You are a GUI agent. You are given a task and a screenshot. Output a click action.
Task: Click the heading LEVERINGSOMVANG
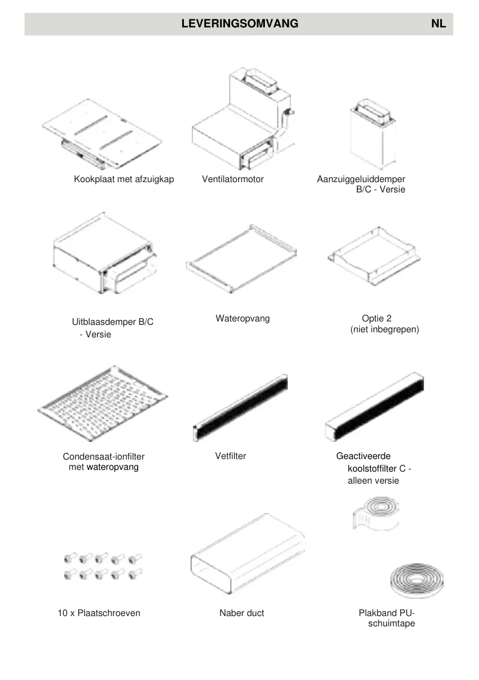[x=239, y=24]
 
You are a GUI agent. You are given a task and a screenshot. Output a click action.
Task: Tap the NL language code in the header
[x=438, y=24]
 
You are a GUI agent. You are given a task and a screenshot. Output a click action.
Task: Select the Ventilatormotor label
[x=233, y=179]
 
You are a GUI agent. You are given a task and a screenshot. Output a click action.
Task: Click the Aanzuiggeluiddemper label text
[x=361, y=179]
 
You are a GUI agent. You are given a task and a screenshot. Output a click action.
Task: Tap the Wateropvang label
[x=243, y=319]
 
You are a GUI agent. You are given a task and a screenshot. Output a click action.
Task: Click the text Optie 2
[x=377, y=319]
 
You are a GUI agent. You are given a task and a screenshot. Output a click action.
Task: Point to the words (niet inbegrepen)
[x=385, y=330]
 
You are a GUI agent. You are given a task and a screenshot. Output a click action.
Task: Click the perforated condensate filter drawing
[x=103, y=403]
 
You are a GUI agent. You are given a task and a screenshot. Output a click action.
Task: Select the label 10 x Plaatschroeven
[x=99, y=613]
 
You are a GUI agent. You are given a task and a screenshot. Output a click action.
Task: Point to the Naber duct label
[x=242, y=613]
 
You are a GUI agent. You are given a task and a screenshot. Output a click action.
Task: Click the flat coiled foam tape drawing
[x=413, y=581]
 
